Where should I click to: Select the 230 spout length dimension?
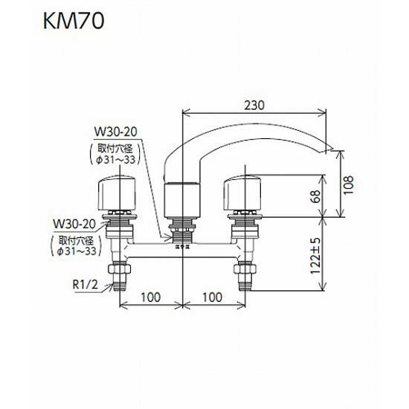(x=254, y=105)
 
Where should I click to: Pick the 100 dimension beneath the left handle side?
(x=150, y=297)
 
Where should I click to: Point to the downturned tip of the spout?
(x=327, y=145)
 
